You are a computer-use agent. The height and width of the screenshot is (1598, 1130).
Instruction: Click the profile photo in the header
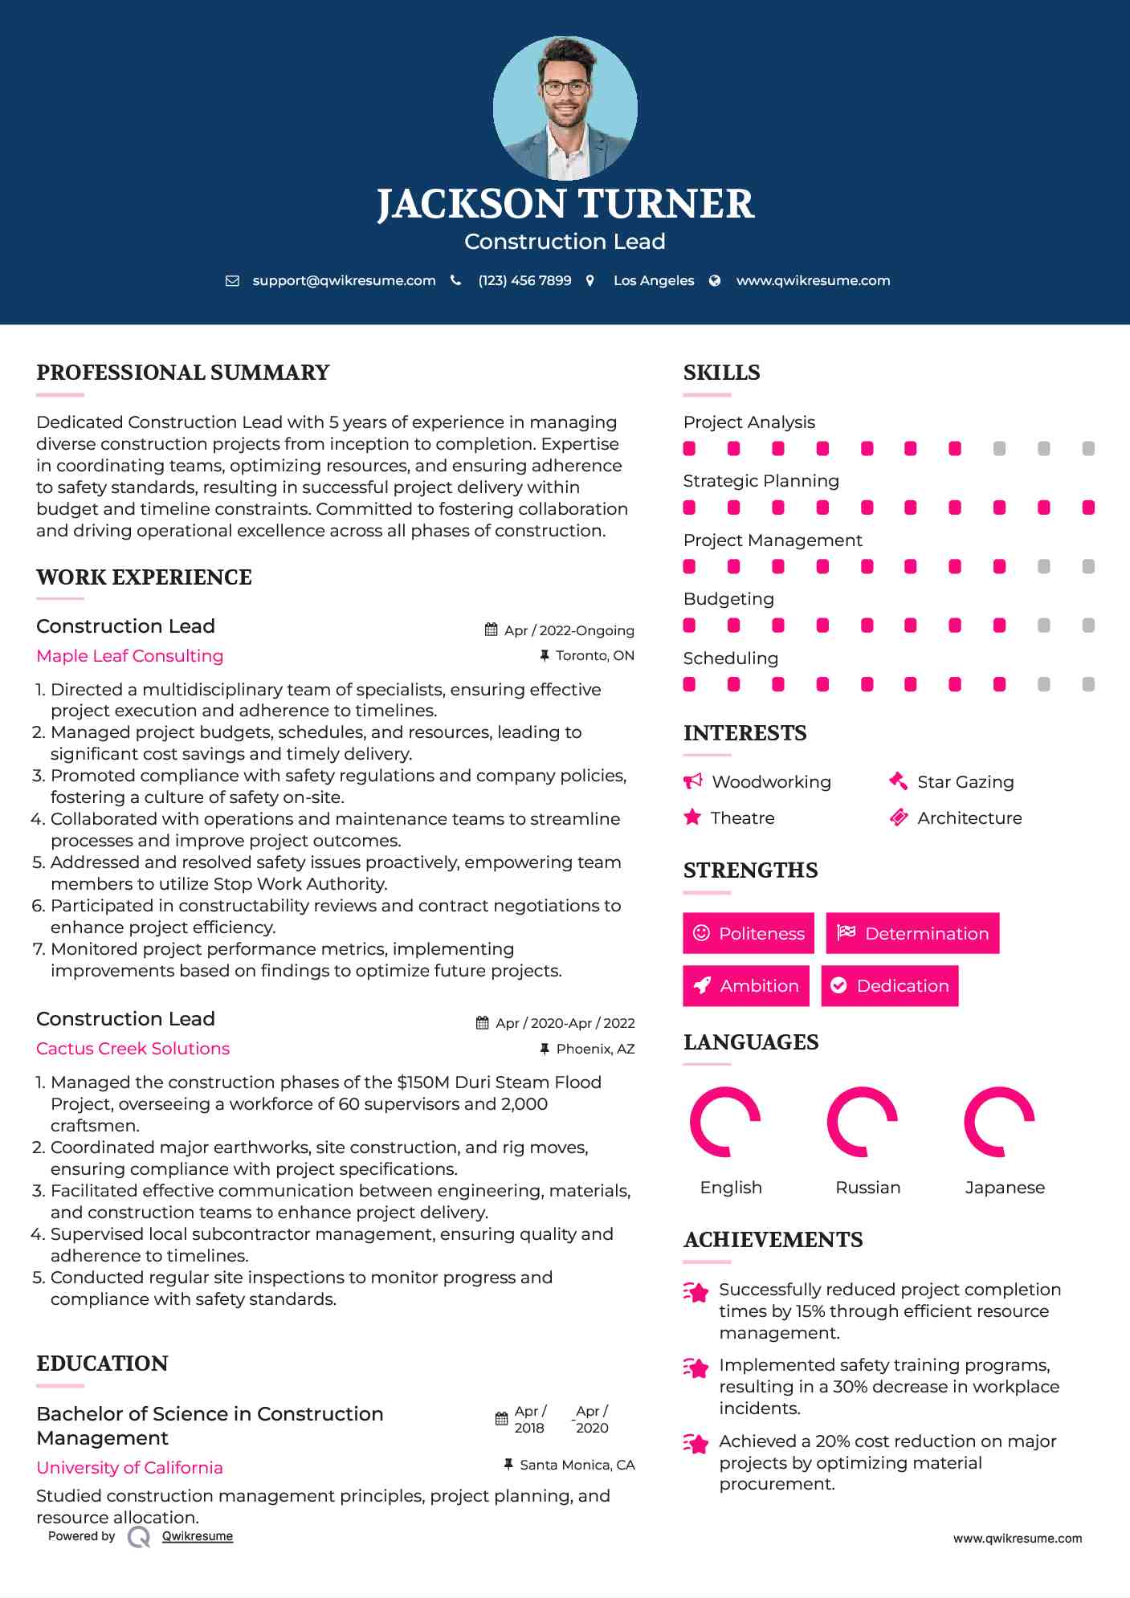pyautogui.click(x=565, y=108)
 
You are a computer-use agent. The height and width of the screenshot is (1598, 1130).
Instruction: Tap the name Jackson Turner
pyautogui.click(x=565, y=204)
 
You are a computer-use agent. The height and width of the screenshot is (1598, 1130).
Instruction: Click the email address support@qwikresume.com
pyautogui.click(x=344, y=280)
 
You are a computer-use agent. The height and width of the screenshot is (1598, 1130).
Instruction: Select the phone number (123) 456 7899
pyautogui.click(x=524, y=280)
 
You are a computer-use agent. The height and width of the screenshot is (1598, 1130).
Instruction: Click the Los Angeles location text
pyautogui.click(x=653, y=280)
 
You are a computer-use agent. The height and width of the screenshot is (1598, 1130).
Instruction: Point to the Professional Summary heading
pyautogui.click(x=183, y=373)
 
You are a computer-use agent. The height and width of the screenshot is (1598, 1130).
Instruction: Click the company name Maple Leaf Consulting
pyautogui.click(x=130, y=656)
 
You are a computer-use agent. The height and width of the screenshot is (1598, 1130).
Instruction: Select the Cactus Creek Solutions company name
pyautogui.click(x=133, y=1049)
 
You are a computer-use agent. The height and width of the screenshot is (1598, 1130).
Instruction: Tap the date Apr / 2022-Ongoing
pyautogui.click(x=569, y=630)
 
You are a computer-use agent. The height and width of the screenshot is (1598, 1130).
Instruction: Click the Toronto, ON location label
pyautogui.click(x=594, y=655)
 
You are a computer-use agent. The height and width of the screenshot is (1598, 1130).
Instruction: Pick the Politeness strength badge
pyautogui.click(x=749, y=933)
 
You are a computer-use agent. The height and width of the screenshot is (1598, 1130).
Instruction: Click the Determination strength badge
pyautogui.click(x=912, y=933)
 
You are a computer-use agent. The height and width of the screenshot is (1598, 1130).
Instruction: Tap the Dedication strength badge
pyautogui.click(x=890, y=985)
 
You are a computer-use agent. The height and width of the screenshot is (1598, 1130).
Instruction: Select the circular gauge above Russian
pyautogui.click(x=863, y=1122)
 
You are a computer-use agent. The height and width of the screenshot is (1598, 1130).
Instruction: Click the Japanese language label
pyautogui.click(x=1005, y=1188)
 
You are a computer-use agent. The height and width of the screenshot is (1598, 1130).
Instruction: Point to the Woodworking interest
pyautogui.click(x=771, y=782)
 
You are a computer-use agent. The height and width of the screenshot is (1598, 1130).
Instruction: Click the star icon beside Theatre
pyautogui.click(x=692, y=817)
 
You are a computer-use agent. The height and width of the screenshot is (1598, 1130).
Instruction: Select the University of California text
pyautogui.click(x=130, y=1468)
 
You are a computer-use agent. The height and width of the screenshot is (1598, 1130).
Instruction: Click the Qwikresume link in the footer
pyautogui.click(x=198, y=1536)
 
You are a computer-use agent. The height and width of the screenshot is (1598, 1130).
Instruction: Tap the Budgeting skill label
pyautogui.click(x=728, y=599)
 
